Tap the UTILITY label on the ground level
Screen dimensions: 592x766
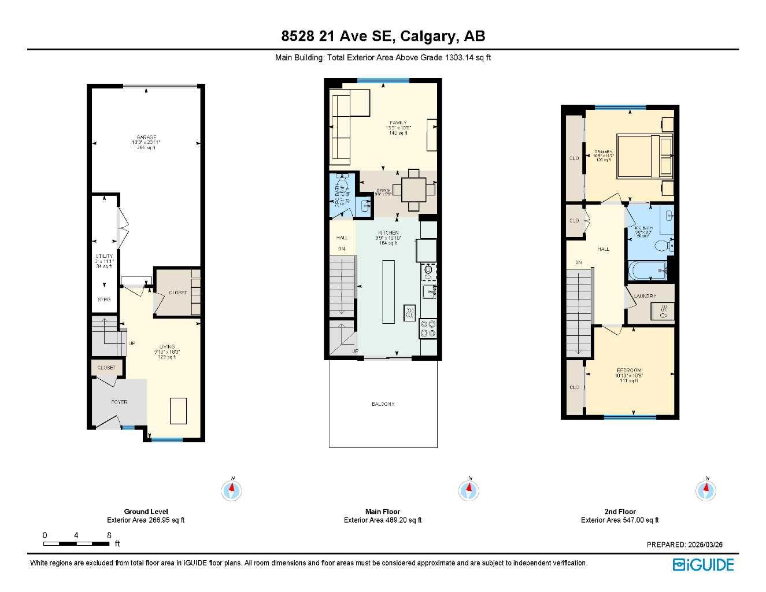[104, 256]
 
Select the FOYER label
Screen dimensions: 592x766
[119, 402]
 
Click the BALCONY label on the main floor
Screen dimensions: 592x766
[383, 404]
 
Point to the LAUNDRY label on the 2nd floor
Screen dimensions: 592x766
[645, 296]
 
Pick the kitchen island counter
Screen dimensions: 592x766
[388, 291]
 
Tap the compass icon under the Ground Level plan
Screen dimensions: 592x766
[232, 491]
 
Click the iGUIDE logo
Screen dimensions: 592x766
[703, 564]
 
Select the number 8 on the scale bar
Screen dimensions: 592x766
[109, 535]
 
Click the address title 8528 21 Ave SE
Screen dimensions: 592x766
[383, 36]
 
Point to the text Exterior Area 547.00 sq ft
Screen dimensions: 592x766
[620, 520]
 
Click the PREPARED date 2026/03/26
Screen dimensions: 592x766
[684, 545]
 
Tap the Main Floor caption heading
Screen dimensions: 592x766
[383, 512]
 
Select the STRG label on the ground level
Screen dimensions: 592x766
[104, 299]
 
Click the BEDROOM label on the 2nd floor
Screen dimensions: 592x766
[628, 371]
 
